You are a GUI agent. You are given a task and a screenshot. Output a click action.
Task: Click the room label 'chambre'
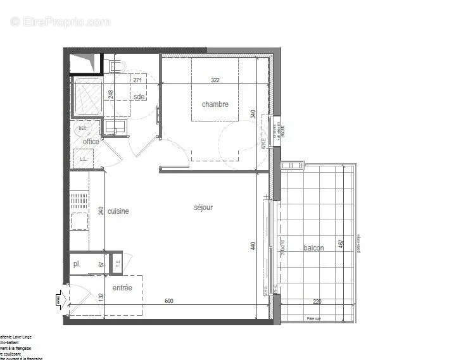coord(215,104)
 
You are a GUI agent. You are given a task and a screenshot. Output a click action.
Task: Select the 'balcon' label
coord(313,248)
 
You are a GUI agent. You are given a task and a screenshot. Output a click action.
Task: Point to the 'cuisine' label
coord(118,211)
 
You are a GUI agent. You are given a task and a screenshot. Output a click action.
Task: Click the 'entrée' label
coord(122,288)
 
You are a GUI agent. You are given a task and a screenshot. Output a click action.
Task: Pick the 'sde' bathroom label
coord(139,97)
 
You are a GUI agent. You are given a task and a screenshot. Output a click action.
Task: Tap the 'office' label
coord(91,142)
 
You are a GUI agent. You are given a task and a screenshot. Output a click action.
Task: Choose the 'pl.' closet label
coord(77,264)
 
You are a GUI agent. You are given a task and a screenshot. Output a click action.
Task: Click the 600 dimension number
coord(168,301)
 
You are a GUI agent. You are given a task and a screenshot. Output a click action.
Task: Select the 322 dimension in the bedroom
coord(215,80)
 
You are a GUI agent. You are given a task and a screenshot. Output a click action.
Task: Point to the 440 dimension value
coord(253,245)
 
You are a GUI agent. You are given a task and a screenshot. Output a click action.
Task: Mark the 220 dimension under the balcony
coord(317,302)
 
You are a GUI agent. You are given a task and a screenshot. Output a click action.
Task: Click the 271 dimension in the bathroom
coord(137,80)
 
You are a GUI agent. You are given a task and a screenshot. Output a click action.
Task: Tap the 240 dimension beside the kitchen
coord(101,211)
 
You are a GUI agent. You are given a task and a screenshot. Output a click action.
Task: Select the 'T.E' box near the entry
coord(117,263)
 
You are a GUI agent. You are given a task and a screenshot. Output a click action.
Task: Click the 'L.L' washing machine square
coord(83,159)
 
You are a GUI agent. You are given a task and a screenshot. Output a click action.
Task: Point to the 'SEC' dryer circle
coord(82,128)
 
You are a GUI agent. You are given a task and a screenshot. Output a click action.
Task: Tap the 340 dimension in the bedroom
coord(253,115)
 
